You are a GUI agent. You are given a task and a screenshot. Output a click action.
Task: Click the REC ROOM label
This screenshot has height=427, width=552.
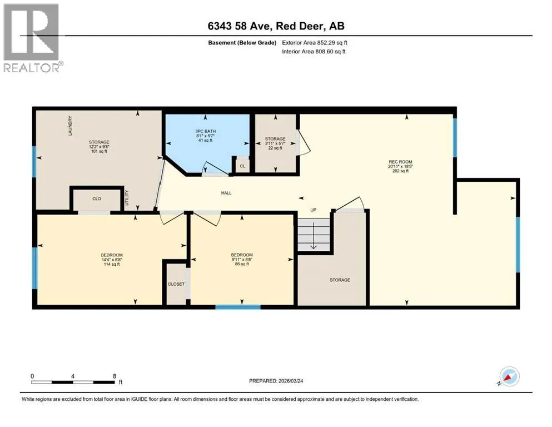pos(401,162)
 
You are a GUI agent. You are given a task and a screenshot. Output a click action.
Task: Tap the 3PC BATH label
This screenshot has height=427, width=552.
pos(206,131)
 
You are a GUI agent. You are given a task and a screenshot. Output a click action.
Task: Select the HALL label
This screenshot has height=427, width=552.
pos(226,193)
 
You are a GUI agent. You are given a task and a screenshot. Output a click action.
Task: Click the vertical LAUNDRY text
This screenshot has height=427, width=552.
pos(70,126)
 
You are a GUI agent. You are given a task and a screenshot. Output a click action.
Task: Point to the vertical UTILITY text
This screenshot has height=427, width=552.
pos(127,198)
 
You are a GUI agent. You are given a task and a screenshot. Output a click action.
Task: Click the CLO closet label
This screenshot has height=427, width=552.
pos(97,198)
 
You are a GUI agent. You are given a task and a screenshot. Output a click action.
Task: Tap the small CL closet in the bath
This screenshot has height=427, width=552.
pos(242,166)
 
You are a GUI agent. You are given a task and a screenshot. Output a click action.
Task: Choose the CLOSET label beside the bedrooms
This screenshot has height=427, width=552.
pos(176,284)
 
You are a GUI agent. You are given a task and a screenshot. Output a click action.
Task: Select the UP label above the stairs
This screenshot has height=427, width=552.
pos(314,210)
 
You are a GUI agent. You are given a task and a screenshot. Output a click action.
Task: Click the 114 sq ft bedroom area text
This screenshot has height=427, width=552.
pos(112,264)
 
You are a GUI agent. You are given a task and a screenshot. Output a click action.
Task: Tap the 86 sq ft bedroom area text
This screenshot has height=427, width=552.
pos(242,264)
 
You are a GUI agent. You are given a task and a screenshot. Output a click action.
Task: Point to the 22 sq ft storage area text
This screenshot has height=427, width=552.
pos(275,148)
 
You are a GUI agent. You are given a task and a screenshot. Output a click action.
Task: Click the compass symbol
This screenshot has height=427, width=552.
pos(509,376)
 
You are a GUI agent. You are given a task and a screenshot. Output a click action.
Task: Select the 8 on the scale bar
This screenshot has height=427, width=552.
pos(115,376)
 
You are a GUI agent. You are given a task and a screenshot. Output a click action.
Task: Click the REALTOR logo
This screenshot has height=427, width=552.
pos(32,38)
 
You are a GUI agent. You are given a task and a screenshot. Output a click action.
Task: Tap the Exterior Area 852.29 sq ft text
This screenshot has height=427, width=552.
pos(315,43)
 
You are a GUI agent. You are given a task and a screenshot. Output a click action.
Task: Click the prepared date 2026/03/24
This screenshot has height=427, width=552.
pos(290,381)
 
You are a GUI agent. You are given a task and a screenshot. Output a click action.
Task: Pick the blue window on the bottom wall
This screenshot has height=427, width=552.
pos(238,307)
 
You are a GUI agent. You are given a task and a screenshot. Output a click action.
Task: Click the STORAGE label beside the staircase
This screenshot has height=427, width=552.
pos(340,280)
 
